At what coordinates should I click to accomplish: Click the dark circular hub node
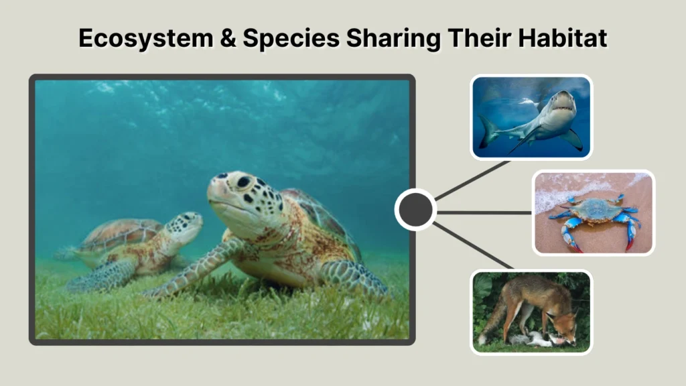(415, 210)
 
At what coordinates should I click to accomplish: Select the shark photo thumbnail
(531, 117)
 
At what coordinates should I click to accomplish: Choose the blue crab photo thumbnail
(594, 212)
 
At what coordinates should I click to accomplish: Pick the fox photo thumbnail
(531, 312)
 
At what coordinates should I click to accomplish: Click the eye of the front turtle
(243, 182)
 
